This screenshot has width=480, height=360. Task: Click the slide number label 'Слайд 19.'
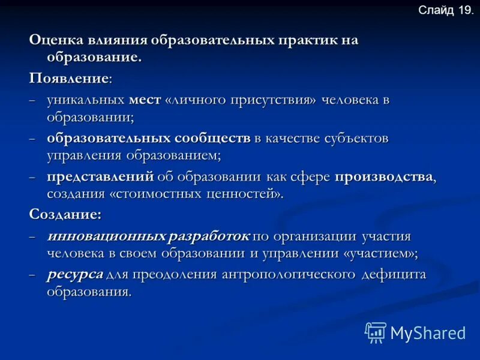click(x=445, y=10)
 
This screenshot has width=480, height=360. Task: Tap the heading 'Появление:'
click(x=70, y=79)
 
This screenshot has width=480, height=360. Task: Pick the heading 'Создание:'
click(x=65, y=214)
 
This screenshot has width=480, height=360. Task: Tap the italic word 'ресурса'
click(x=75, y=274)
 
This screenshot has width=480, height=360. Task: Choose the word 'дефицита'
click(x=393, y=274)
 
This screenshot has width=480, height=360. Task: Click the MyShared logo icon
click(x=376, y=332)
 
